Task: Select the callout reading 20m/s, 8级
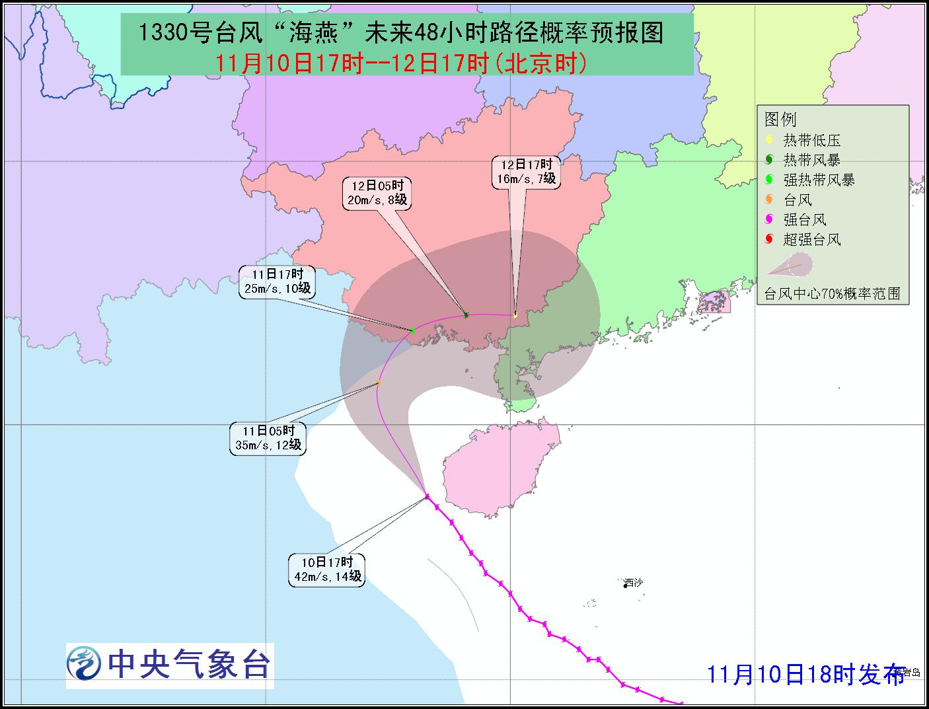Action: click(377, 193)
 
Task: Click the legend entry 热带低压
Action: click(811, 141)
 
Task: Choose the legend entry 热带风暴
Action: click(811, 161)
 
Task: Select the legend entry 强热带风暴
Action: click(818, 180)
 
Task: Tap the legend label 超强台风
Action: click(811, 240)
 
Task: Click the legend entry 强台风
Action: click(805, 220)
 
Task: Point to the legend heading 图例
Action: click(780, 120)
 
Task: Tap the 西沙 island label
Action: click(633, 583)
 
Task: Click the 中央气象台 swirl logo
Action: click(85, 663)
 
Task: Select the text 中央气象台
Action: click(189, 663)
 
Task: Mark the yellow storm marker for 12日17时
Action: click(515, 315)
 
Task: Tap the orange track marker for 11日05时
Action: click(378, 383)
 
